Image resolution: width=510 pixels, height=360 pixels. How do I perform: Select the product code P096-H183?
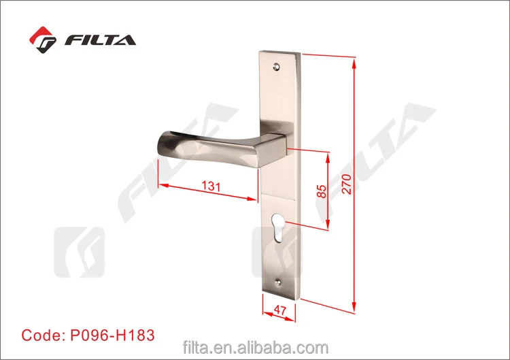click(x=112, y=335)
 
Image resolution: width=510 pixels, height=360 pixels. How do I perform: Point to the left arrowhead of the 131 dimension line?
click(x=162, y=184)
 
